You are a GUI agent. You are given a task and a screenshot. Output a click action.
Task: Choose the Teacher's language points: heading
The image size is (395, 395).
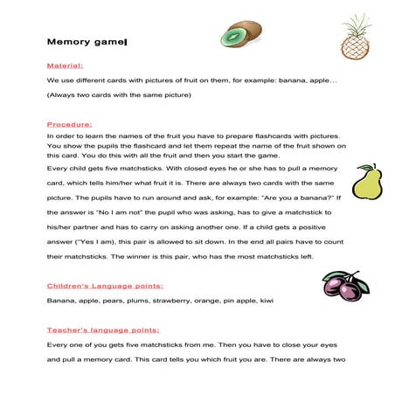103,330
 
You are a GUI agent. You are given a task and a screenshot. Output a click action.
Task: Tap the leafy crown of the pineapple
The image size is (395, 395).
356,24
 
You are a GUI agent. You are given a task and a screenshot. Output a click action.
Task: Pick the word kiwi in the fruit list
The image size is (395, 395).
267,301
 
